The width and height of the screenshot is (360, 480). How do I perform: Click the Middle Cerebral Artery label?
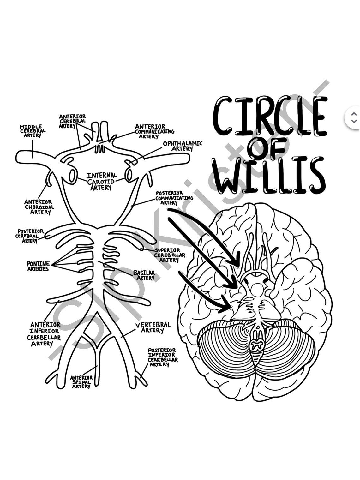(33, 131)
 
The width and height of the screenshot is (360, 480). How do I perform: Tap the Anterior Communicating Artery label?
(154, 131)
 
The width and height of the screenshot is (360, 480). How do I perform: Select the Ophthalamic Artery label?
(182, 146)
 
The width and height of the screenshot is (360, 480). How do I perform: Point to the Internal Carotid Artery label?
(101, 182)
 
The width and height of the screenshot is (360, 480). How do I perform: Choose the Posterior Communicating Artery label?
(174, 198)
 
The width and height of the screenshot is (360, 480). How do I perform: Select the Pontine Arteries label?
(38, 266)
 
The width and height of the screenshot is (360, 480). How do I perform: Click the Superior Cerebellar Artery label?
(170, 255)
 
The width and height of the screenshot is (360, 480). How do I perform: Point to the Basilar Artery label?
(144, 275)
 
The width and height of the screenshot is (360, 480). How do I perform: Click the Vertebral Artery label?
(153, 327)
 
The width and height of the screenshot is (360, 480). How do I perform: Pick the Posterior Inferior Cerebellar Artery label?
(162, 357)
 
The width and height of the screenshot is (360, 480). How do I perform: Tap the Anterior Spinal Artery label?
(81, 382)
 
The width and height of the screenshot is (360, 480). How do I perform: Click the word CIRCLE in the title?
(270, 116)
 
